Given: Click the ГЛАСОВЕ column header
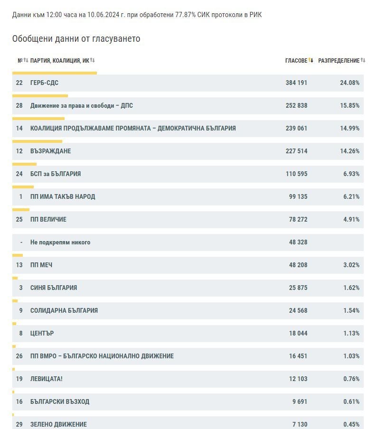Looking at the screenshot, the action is click(x=296, y=60).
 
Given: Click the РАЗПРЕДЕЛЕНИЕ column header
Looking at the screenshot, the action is click(x=339, y=60).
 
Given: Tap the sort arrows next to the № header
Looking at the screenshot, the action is click(x=26, y=60).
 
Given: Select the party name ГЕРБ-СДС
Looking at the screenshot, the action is click(x=44, y=83).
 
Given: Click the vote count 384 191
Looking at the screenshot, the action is click(x=296, y=83).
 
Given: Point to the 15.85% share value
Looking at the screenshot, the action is click(x=350, y=105).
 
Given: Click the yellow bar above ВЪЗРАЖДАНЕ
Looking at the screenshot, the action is click(x=37, y=141).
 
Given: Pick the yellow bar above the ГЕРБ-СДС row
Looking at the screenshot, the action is click(x=55, y=73).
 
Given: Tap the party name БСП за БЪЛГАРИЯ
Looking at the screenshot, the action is click(x=56, y=174).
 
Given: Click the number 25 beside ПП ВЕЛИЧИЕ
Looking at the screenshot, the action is click(x=19, y=219).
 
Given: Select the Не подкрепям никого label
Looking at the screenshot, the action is click(x=60, y=242).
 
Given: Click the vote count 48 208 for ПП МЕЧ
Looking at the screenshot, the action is click(x=298, y=265).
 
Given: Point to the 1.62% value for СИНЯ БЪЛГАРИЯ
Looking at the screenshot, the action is click(x=351, y=288).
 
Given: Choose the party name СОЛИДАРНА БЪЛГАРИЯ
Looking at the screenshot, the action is click(x=64, y=310).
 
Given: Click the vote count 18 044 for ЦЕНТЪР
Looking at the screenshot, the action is click(x=298, y=333).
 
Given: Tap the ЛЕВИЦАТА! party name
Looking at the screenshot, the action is click(x=46, y=379).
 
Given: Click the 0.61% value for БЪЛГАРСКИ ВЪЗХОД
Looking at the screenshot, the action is click(x=351, y=401).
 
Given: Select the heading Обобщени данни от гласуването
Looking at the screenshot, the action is click(x=76, y=38).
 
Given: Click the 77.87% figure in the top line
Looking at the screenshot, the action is click(x=185, y=15).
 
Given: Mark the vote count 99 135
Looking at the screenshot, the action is click(x=298, y=196).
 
